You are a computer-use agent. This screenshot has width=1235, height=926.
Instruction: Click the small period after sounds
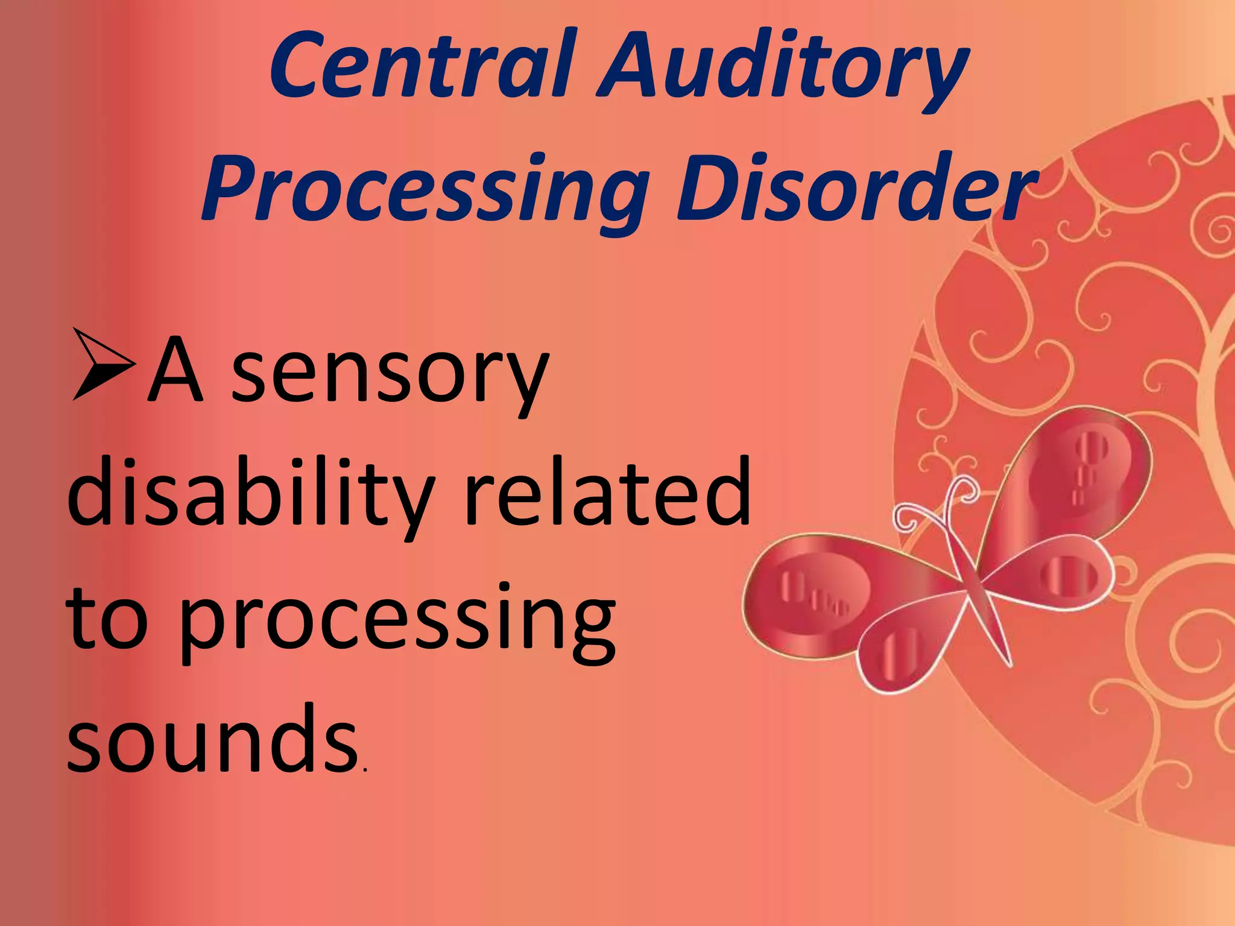click(x=363, y=770)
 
